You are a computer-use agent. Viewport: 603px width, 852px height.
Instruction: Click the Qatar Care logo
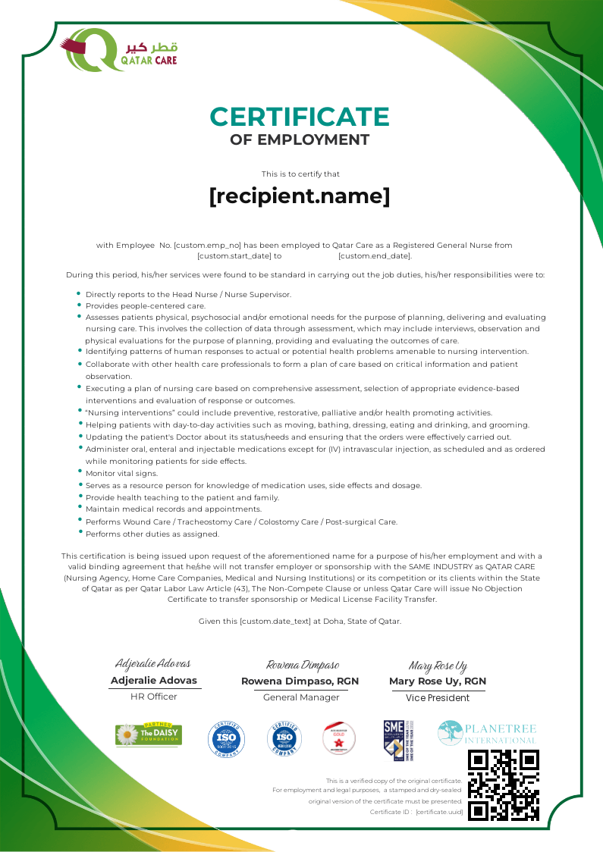click(121, 50)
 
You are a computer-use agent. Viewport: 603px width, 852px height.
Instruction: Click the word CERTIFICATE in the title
click(300, 117)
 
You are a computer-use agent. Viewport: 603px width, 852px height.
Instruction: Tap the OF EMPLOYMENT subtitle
click(300, 140)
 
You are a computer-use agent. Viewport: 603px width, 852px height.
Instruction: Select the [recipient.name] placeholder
click(300, 196)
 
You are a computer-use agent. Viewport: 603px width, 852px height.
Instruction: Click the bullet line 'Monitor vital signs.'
click(121, 474)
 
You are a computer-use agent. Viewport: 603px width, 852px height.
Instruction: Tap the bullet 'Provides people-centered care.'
click(146, 306)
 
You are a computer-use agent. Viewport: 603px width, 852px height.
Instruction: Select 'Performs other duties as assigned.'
click(152, 534)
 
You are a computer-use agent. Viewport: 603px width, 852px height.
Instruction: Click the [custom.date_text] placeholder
click(275, 622)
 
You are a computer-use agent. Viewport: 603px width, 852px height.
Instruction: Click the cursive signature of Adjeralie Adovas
click(153, 664)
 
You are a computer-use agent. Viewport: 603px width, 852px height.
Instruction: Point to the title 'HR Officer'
click(154, 697)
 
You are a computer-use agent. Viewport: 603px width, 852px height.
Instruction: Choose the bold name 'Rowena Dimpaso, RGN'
click(300, 681)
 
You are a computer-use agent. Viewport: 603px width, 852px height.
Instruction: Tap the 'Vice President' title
click(438, 697)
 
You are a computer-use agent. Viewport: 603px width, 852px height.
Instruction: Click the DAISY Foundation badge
click(149, 735)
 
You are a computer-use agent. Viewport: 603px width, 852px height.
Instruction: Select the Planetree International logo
click(486, 733)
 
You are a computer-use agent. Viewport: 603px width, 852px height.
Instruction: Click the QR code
click(504, 785)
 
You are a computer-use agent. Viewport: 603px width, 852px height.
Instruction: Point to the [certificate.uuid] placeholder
click(439, 812)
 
